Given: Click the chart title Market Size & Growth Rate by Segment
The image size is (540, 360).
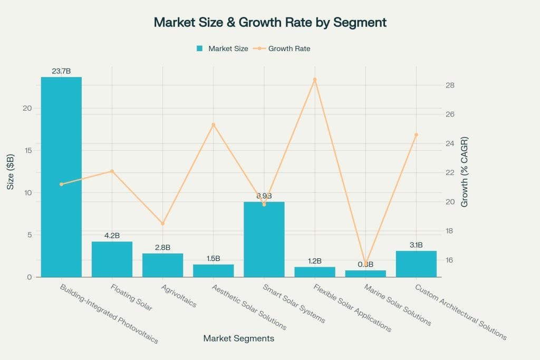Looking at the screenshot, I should (x=270, y=23).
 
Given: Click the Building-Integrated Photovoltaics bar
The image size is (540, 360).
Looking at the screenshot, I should (x=61, y=177).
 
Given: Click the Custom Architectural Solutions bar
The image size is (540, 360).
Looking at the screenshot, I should (x=416, y=264).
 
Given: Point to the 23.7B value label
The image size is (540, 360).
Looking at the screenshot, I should (x=61, y=71).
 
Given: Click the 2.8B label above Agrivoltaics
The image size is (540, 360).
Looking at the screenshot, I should (x=162, y=247).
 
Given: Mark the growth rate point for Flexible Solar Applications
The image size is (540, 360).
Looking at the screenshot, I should (x=315, y=80).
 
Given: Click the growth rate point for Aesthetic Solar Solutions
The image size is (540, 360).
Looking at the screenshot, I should (x=214, y=125).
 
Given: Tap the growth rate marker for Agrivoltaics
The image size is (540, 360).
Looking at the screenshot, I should (x=162, y=223).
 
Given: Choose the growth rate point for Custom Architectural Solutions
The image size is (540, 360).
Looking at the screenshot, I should (x=416, y=134).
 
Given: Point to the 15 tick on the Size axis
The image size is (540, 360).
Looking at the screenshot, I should (x=27, y=150).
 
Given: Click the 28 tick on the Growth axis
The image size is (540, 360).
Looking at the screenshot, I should (x=449, y=85).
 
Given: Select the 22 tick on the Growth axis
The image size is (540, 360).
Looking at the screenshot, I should (x=449, y=173).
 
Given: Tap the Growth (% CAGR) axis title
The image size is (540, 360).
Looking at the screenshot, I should (x=465, y=172).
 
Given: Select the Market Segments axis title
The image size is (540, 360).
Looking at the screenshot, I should (x=239, y=339).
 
